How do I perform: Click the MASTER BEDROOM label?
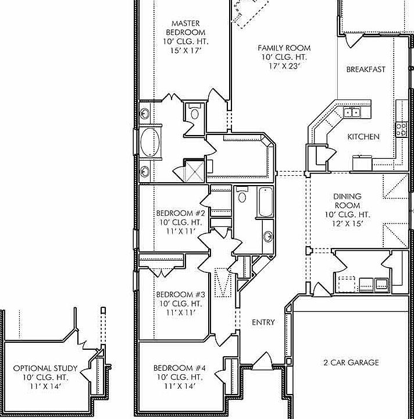[x=185, y=28]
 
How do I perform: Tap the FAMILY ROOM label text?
[x=284, y=48]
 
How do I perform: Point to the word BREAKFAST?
[x=366, y=70]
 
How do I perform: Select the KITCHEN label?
[x=363, y=137]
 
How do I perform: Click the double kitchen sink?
[x=351, y=112]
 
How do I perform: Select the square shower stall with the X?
[x=194, y=171]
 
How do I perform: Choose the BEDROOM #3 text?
[x=180, y=294]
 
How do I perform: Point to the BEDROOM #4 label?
[x=180, y=368]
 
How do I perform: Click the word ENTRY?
[x=263, y=322]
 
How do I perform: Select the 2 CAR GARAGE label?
[x=351, y=363]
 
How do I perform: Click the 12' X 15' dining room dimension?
[x=347, y=223]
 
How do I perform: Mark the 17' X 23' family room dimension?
[x=284, y=66]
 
